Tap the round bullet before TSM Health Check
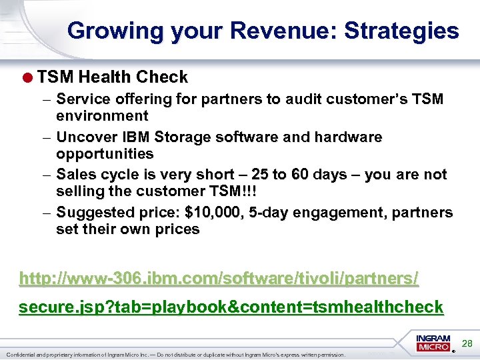(29, 77)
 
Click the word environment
(102, 116)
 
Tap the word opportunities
(105, 154)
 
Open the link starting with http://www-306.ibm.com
(219, 278)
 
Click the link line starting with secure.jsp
(231, 307)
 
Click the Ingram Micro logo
(433, 343)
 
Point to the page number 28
(467, 343)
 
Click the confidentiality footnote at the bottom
(175, 355)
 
